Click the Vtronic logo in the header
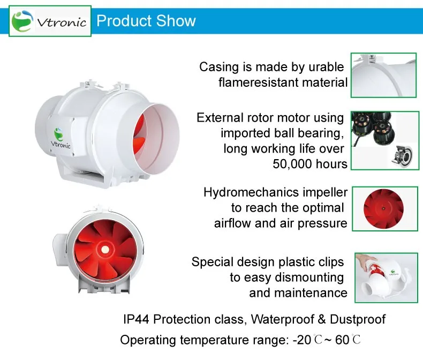click(x=50, y=21)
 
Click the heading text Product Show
click(x=146, y=21)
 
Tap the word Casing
click(x=219, y=67)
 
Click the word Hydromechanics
click(x=252, y=193)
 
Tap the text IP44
click(x=136, y=319)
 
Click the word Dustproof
click(x=358, y=319)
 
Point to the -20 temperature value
click(x=302, y=340)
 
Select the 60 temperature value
click(x=342, y=340)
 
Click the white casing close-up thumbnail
click(x=383, y=76)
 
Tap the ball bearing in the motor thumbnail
click(x=403, y=157)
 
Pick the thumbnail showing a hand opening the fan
click(x=386, y=277)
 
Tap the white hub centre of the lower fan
click(x=105, y=250)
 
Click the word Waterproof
click(x=282, y=319)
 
